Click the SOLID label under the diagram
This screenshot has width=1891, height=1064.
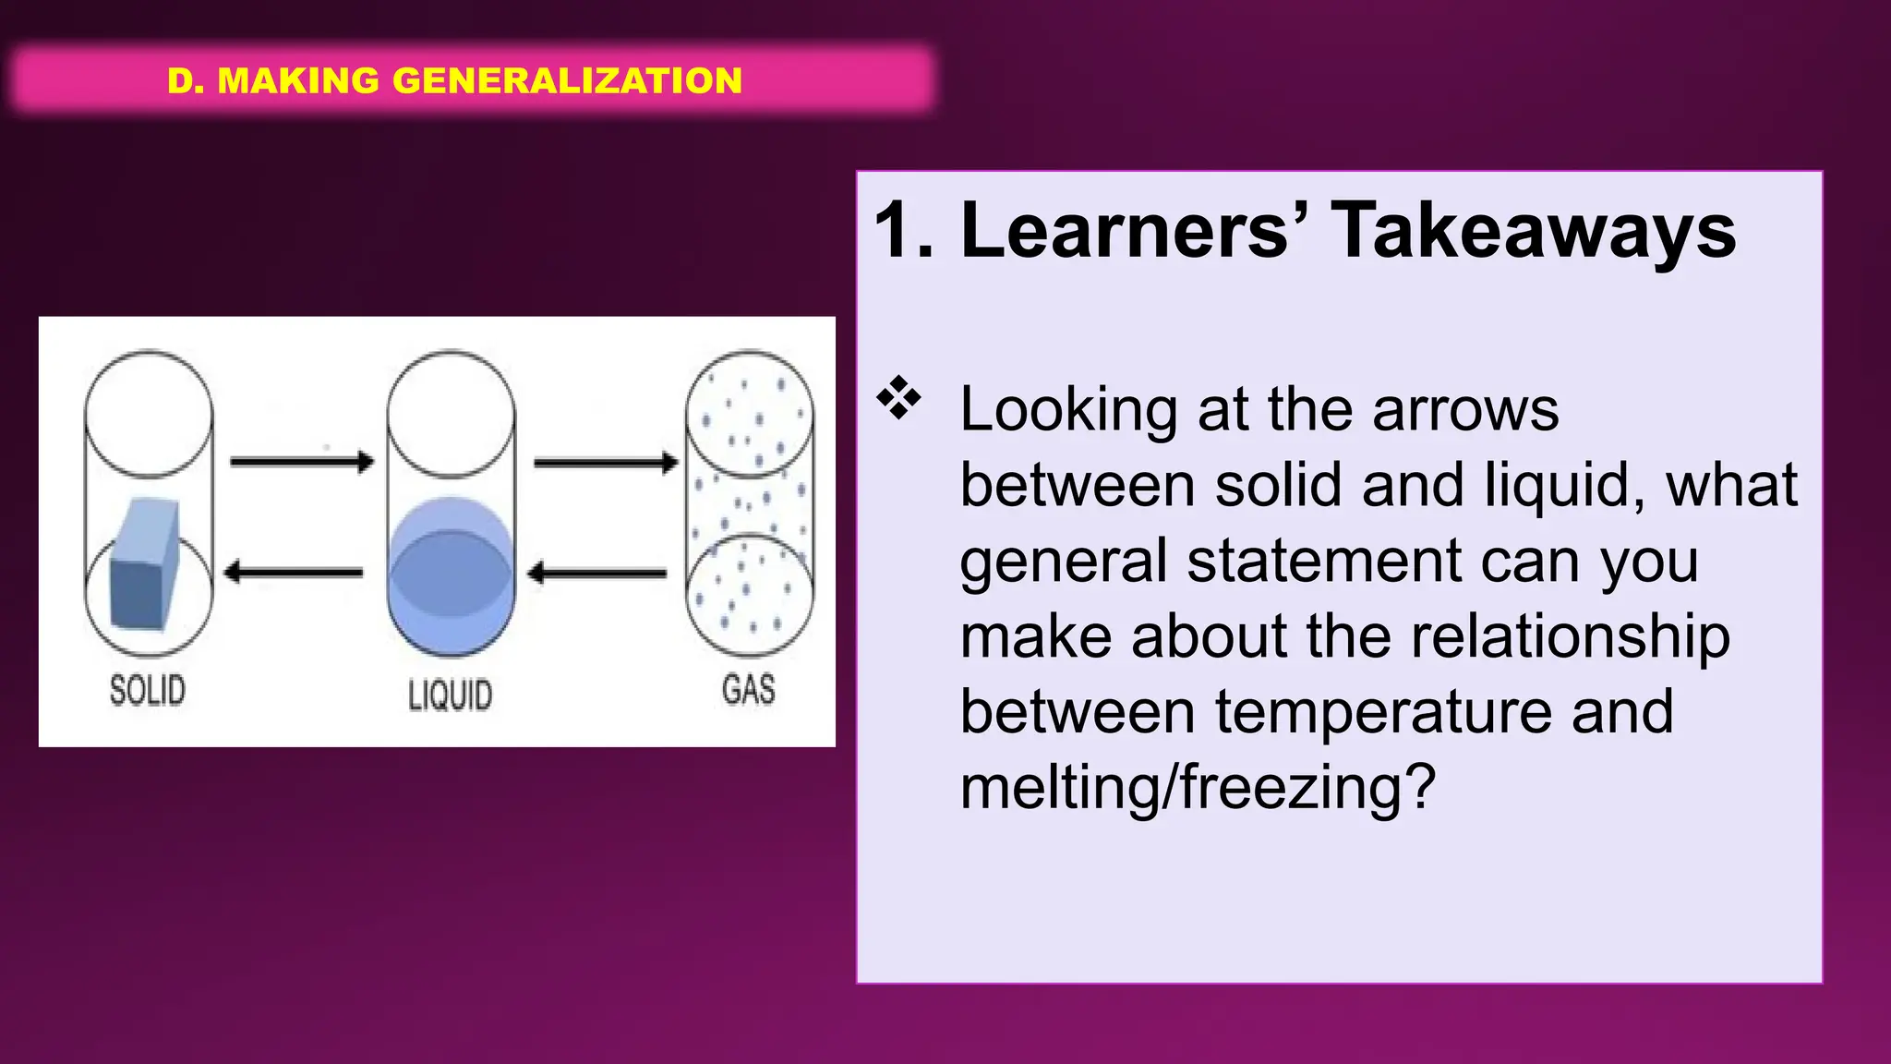[148, 690]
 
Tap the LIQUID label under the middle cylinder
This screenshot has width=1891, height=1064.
[450, 695]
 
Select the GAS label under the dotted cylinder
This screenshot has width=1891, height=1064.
[748, 689]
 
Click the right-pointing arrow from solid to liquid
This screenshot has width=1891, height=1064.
[301, 461]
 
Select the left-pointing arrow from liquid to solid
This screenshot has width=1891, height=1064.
[294, 573]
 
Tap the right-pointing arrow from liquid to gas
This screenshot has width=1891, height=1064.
[606, 462]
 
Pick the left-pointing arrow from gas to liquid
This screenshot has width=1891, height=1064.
[597, 574]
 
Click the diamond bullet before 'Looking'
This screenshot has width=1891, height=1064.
[898, 399]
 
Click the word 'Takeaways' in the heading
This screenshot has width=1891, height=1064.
[1533, 231]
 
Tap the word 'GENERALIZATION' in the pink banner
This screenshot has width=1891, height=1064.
[567, 80]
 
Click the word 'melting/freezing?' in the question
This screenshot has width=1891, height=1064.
[1198, 787]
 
